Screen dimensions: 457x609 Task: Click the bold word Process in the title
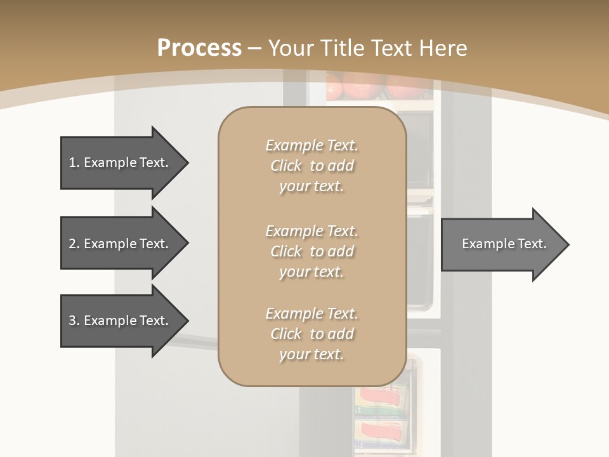(x=199, y=48)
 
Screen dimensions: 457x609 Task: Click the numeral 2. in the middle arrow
(x=74, y=244)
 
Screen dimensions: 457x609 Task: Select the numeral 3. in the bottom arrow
(x=74, y=321)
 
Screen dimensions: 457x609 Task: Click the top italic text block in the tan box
(x=311, y=166)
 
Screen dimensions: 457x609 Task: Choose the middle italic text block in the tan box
(x=311, y=251)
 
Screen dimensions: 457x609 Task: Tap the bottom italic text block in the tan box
(x=311, y=334)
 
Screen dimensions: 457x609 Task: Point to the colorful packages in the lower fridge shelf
(x=381, y=413)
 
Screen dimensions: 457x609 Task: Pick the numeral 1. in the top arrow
(x=74, y=162)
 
